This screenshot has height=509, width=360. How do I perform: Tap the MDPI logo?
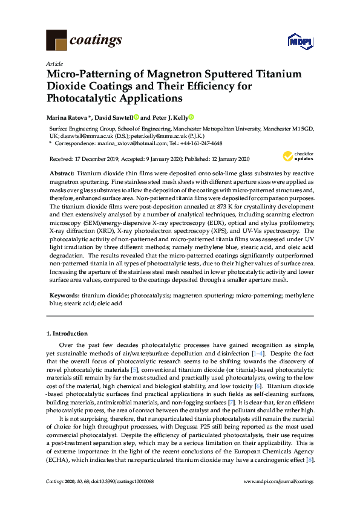point(299,41)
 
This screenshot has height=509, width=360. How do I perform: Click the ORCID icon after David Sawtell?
point(137,117)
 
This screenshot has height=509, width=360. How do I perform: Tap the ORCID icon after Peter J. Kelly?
point(192,117)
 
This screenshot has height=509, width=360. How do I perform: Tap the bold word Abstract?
point(62,173)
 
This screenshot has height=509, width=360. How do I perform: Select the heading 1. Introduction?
point(67,333)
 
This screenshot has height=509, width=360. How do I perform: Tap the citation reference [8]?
point(310,459)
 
